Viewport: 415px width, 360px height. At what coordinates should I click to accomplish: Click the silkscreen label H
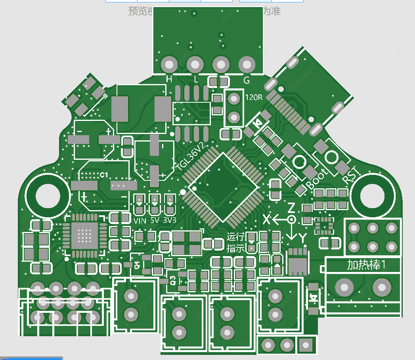coord(169,80)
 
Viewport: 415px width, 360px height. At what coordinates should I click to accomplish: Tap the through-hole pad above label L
coord(195,64)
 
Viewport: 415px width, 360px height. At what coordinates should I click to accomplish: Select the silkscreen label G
coord(247,80)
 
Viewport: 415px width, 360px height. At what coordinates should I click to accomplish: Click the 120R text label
coord(254,98)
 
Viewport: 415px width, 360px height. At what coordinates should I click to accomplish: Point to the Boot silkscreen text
coord(318,179)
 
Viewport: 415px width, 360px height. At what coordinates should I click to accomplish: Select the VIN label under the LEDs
coord(140,221)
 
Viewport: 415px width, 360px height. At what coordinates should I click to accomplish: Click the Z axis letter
coord(291,208)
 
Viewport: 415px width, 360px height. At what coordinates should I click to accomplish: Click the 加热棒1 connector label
coord(366,264)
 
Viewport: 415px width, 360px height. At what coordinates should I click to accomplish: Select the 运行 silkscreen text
coord(235,237)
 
